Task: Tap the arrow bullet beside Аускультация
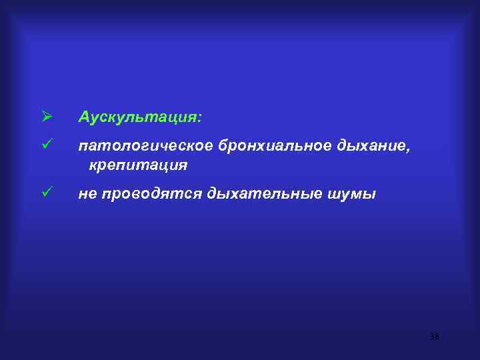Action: [46, 117]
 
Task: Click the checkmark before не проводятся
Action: [46, 193]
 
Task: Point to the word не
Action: [87, 195]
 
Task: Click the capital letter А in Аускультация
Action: [83, 117]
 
